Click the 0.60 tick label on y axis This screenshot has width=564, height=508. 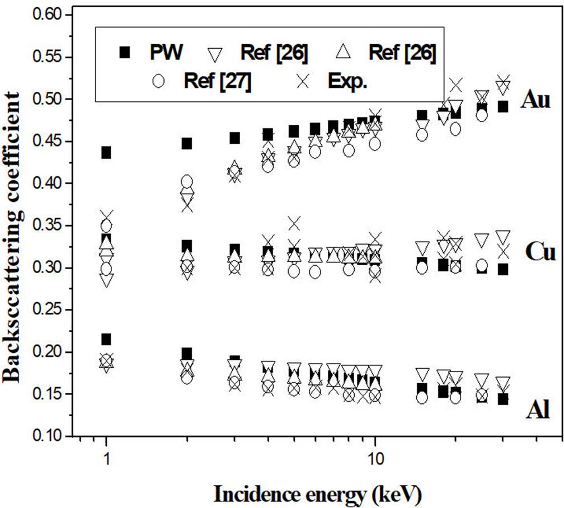pos(54,15)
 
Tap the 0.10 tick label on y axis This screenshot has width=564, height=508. pos(54,436)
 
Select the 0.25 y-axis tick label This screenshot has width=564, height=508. pos(54,310)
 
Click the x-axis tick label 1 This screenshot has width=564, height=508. pos(106,457)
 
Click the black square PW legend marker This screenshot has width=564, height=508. pos(125,53)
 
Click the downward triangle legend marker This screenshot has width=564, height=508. pos(216,53)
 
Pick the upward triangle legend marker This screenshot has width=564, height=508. pos(345,52)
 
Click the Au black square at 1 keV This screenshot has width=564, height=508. pos(106,152)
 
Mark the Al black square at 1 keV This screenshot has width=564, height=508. pos(106,339)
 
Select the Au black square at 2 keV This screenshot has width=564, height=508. pos(187,143)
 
